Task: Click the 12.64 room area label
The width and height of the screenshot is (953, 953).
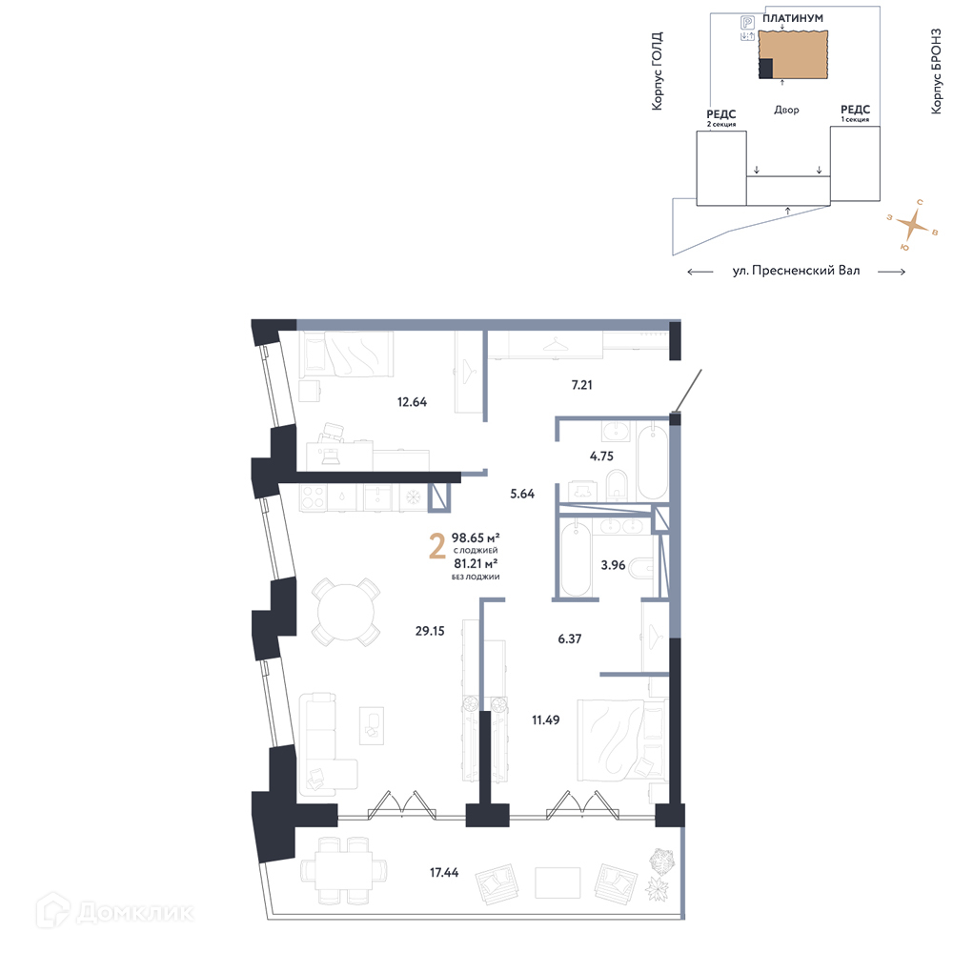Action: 412,402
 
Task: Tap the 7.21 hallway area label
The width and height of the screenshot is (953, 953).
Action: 581,385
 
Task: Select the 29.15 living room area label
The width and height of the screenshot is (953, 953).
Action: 430,631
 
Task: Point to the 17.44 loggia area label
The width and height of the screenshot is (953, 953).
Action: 444,872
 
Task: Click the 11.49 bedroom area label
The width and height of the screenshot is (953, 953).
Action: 546,720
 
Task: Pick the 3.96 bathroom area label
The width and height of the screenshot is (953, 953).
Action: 613,565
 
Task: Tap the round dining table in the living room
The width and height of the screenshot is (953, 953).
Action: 346,612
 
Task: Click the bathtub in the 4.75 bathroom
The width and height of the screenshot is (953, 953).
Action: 653,462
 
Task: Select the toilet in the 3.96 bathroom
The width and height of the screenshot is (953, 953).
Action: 641,569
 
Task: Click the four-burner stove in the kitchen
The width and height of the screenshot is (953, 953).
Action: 313,497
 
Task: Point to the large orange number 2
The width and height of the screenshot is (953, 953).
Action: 437,546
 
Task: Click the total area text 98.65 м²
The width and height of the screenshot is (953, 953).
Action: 476,537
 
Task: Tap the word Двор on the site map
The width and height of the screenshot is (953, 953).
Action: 786,110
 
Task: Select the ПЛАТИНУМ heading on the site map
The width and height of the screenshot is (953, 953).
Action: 793,18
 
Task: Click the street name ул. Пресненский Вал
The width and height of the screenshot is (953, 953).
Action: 796,271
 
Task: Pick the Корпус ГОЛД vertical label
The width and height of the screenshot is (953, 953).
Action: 657,71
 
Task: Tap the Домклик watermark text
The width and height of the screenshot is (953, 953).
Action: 135,912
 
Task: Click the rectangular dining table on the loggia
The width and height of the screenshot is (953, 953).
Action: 343,871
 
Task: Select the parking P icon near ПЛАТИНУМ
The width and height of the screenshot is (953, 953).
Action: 747,23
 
